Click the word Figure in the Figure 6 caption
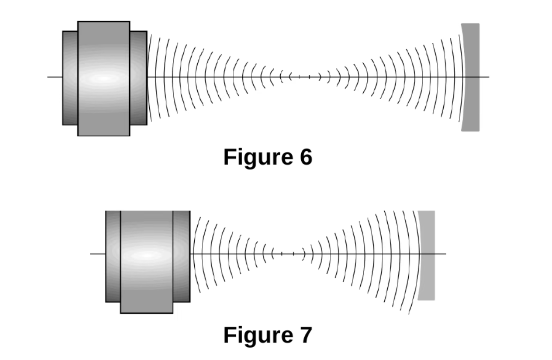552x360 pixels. (259, 158)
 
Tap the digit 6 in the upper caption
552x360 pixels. (306, 157)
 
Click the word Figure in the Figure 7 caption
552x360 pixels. (259, 336)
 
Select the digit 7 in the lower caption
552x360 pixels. (306, 335)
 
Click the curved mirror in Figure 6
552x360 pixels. (471, 77)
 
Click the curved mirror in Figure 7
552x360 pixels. (427, 255)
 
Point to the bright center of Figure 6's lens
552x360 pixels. (104, 78)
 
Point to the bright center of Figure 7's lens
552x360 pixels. (147, 256)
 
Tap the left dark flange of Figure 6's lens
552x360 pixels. (70, 78)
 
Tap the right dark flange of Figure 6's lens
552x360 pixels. (139, 78)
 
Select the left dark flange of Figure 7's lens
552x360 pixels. (113, 257)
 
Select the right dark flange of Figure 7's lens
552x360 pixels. (181, 257)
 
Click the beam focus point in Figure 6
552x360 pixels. (304, 77)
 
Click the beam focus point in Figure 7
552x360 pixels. (288, 254)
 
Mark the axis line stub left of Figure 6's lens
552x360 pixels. (55, 77)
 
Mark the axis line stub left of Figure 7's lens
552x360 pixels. (98, 254)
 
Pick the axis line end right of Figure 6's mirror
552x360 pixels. (489, 77)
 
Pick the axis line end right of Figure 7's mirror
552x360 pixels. (446, 254)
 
